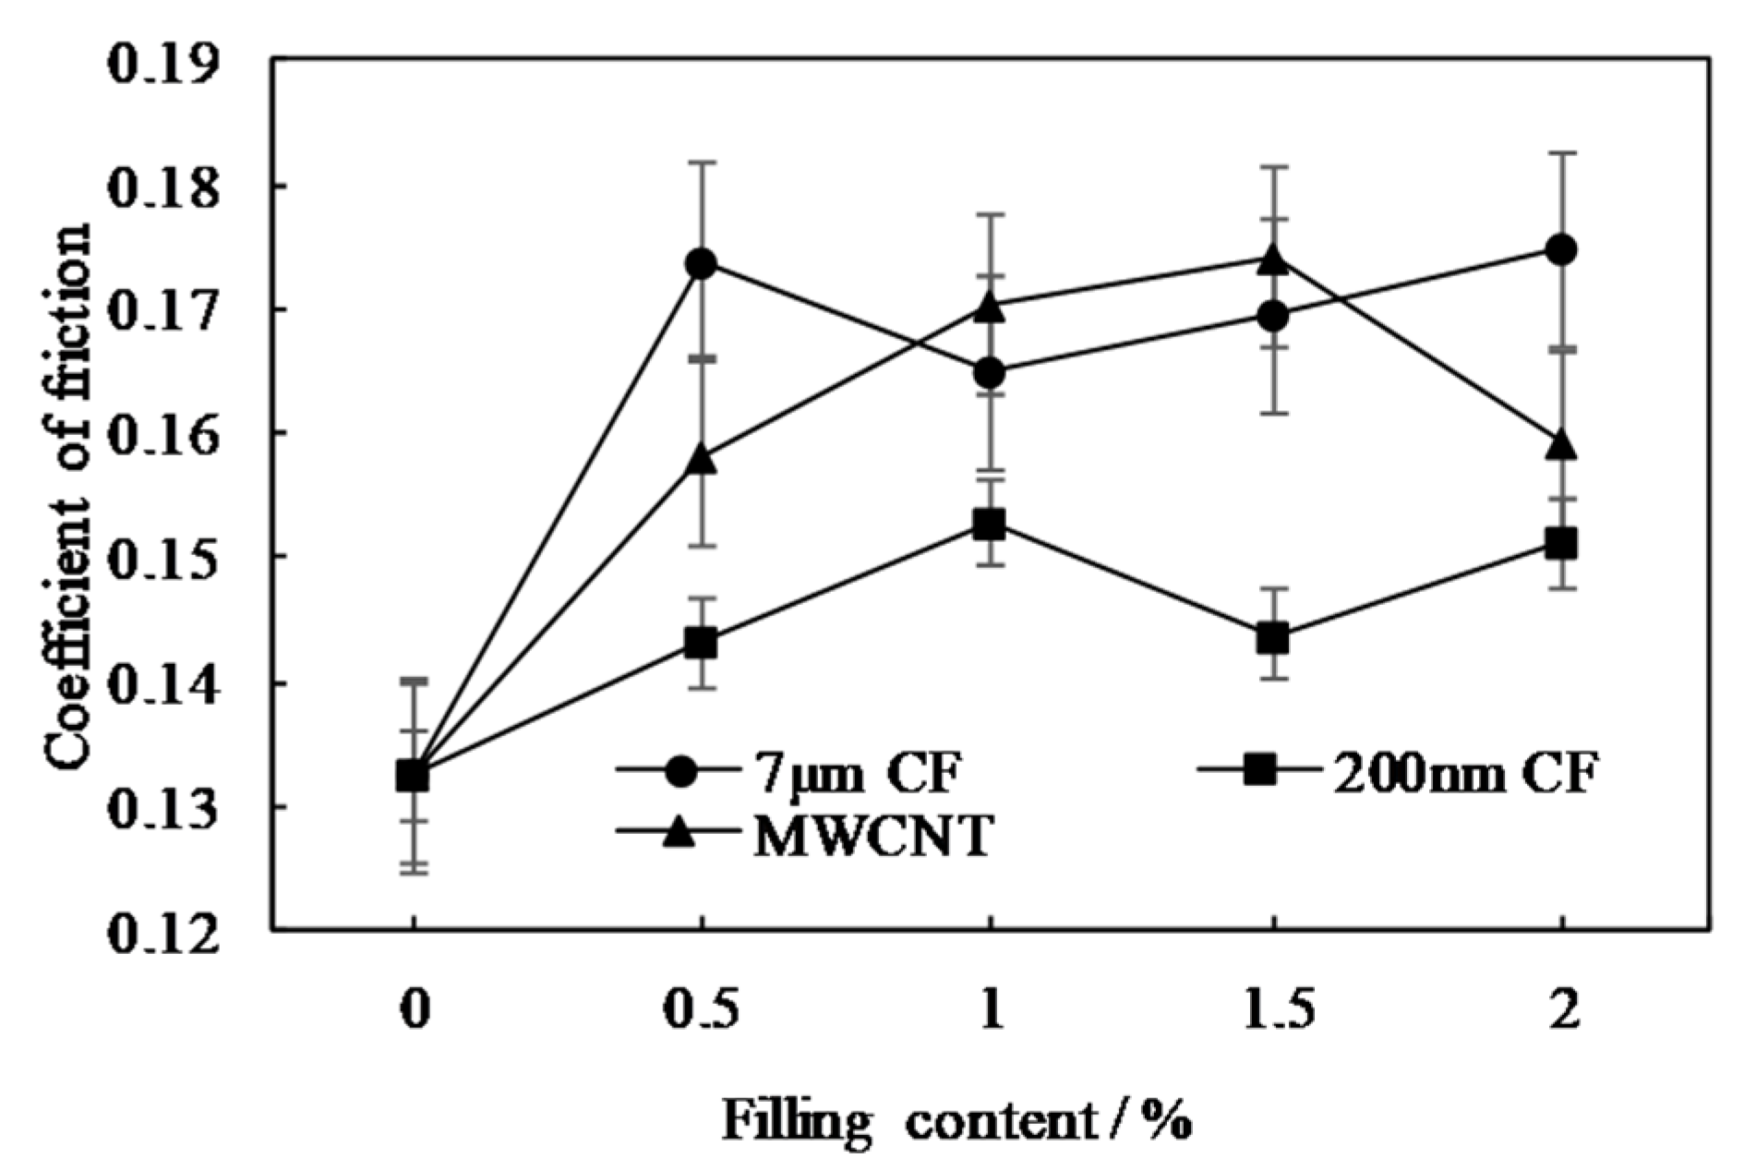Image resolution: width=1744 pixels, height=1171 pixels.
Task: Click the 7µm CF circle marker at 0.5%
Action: [702, 263]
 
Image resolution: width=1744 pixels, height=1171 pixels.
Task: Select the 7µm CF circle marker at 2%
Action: [1560, 249]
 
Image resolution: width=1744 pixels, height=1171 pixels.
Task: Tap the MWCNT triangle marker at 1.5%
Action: [1273, 260]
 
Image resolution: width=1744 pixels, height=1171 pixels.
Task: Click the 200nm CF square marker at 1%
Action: [989, 525]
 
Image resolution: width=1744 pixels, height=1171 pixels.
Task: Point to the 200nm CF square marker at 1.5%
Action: [1273, 638]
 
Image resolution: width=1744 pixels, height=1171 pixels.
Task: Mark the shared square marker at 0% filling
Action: [413, 776]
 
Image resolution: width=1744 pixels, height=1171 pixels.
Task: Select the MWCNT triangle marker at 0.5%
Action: [702, 459]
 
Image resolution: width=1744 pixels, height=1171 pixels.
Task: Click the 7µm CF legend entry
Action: [794, 771]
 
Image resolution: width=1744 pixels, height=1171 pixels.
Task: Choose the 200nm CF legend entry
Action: [1394, 771]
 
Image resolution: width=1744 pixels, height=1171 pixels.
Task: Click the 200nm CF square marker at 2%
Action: [1560, 543]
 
